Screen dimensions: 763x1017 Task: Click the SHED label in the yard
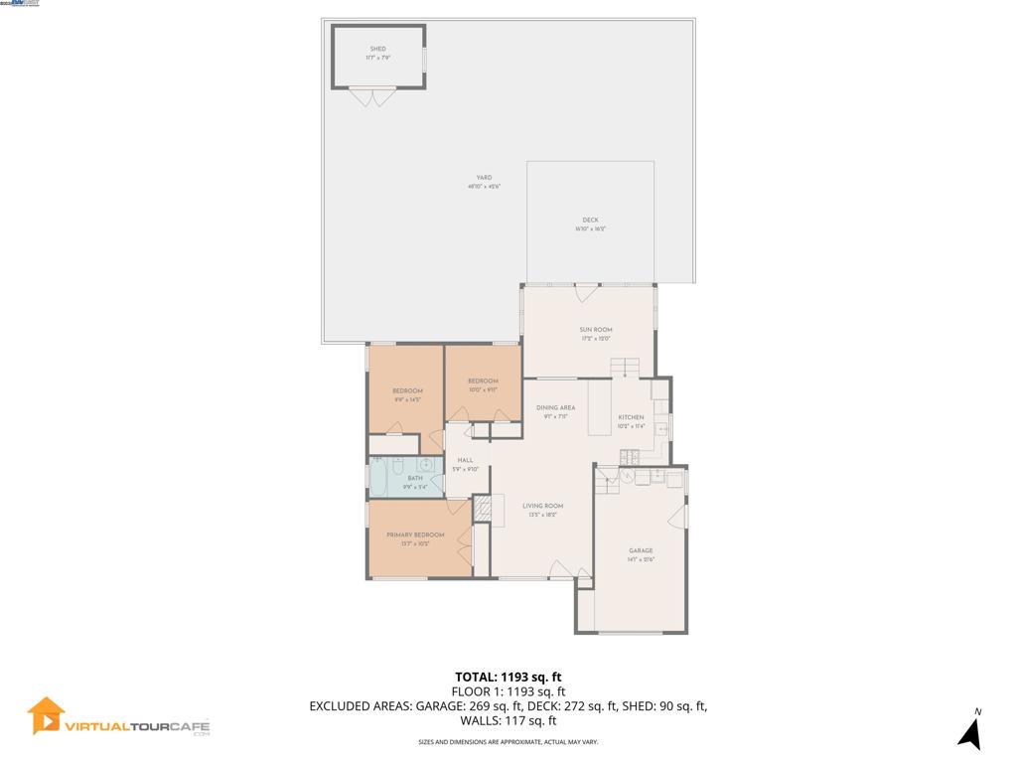tap(377, 49)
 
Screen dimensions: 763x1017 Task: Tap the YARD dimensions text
tap(484, 187)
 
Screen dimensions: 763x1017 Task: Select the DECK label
tap(590, 221)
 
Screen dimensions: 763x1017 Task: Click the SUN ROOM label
tap(596, 330)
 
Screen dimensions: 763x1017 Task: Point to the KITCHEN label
tap(631, 417)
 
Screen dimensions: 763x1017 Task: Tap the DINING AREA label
tap(555, 408)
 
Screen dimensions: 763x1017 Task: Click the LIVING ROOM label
tap(542, 506)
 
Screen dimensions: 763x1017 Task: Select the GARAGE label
tap(641, 550)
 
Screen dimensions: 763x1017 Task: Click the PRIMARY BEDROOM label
tap(415, 534)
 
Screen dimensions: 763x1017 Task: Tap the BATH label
tap(414, 478)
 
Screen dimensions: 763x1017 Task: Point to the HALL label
tap(465, 460)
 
